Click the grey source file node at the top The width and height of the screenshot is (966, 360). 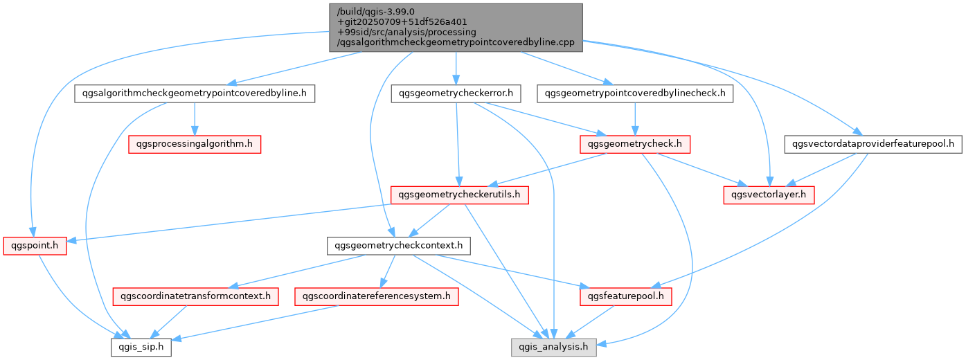pos(456,28)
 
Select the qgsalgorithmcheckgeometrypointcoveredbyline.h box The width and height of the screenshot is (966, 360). pos(195,93)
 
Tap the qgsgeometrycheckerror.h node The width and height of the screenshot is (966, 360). pos(456,93)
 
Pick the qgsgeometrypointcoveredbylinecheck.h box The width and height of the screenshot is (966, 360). pos(635,93)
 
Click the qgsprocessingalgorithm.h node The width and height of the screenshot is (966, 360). pos(195,144)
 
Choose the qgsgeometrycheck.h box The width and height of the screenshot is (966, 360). pos(635,144)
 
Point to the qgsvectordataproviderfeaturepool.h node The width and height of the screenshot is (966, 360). pos(873,144)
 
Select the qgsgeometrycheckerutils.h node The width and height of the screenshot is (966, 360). pos(459,195)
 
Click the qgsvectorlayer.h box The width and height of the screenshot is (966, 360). pos(769,195)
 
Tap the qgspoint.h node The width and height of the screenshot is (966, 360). pos(35,246)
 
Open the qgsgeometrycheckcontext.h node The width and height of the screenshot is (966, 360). pos(398,246)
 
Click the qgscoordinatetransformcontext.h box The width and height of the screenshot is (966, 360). pos(195,296)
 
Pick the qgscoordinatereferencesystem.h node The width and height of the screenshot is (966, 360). pos(377,296)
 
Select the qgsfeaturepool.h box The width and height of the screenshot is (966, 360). pos(626,296)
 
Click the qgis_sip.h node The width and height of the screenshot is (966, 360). pos(141,348)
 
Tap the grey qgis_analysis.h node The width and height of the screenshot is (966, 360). pos(554,348)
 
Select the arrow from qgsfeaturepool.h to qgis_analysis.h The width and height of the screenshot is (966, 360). pos(590,322)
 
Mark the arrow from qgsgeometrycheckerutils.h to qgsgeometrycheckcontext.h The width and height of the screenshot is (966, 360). pos(429,220)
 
